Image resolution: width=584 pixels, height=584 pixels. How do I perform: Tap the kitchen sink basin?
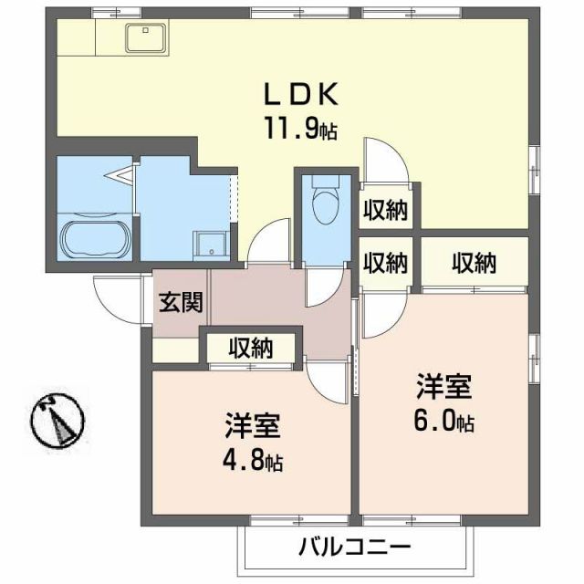(x=144, y=37)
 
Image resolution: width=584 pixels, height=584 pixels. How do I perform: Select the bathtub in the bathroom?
(x=94, y=240)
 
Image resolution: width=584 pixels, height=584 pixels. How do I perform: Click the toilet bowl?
(x=323, y=205)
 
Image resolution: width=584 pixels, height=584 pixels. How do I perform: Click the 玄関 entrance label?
(x=180, y=302)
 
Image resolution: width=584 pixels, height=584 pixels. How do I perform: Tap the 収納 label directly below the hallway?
(x=250, y=348)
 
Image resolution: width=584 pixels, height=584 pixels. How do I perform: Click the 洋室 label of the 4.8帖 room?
(x=253, y=425)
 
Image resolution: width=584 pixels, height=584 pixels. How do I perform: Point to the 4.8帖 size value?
(x=253, y=461)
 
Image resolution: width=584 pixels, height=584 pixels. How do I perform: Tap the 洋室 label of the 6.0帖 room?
(x=444, y=387)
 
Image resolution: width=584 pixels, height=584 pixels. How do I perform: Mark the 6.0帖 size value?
(x=444, y=422)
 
